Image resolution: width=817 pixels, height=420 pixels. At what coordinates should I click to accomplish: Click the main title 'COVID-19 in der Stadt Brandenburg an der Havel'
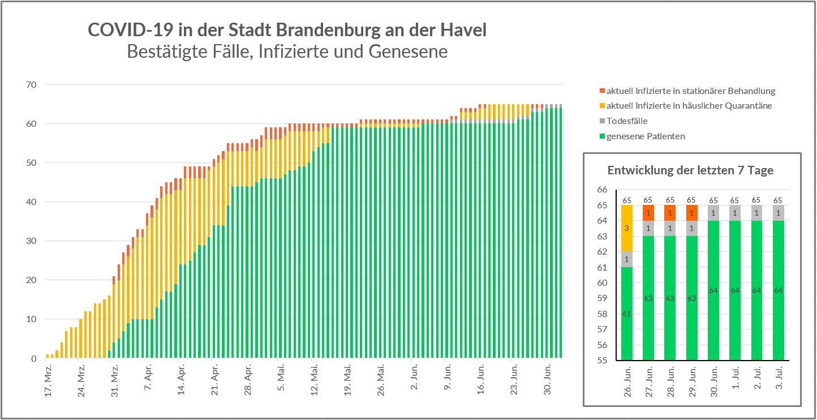(x=287, y=30)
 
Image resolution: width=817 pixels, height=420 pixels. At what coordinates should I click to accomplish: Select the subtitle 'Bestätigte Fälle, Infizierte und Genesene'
(x=287, y=52)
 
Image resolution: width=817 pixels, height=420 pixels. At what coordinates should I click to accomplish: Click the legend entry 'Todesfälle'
(x=626, y=121)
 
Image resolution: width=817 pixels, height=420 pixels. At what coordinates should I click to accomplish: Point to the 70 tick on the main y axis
(x=29, y=85)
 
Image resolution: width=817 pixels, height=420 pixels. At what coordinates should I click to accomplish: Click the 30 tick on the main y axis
(x=29, y=241)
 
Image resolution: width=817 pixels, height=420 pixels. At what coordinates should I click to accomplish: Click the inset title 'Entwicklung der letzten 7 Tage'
(x=690, y=170)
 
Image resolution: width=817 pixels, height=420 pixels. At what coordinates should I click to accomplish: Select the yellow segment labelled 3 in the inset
(x=627, y=229)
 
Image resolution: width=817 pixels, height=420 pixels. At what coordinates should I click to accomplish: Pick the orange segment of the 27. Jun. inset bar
(x=648, y=213)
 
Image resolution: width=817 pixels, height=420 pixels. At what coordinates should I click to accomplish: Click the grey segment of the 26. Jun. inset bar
(x=627, y=259)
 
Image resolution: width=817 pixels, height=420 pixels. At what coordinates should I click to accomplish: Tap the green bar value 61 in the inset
(x=627, y=314)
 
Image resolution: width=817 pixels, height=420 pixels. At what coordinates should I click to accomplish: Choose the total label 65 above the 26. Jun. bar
(x=627, y=200)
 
